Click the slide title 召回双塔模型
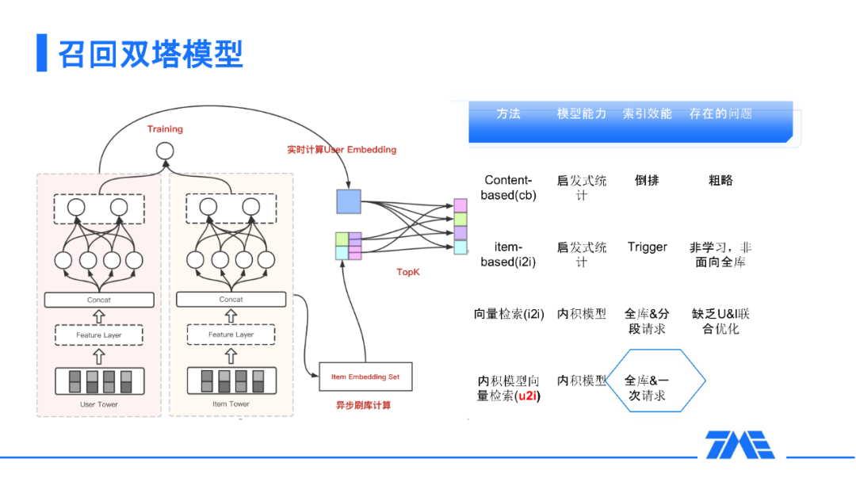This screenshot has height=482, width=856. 151,53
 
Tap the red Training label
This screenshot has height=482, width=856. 165,129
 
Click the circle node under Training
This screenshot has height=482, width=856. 164,151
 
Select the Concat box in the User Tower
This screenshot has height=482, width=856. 99,300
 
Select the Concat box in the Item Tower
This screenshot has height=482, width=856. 231,300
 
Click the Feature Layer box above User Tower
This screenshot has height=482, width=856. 99,335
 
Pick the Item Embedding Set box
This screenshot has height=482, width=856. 365,377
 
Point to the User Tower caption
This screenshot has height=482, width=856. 99,404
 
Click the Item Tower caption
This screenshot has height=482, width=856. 231,404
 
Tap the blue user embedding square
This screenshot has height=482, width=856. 348,201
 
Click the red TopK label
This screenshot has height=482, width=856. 408,272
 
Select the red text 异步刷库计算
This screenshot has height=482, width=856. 364,406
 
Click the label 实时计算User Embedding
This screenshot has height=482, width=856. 342,149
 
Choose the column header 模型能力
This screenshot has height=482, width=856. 582,114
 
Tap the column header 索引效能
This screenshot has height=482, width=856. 648,114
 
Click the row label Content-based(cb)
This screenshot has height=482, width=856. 508,188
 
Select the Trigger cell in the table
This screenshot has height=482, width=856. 648,247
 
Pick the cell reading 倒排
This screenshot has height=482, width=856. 647,181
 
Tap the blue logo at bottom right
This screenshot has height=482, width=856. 740,445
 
